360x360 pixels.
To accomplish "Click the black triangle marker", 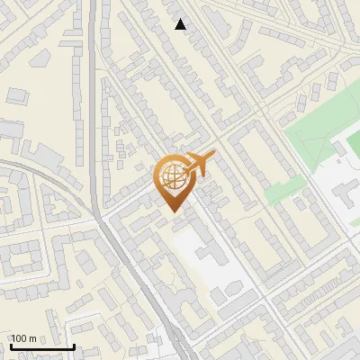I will click(x=181, y=24).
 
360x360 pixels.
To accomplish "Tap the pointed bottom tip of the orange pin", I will click(x=171, y=211).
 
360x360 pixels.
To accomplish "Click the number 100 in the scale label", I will click(x=20, y=338).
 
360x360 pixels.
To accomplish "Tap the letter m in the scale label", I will click(x=32, y=338).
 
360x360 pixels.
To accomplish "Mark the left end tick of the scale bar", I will click(x=11, y=346).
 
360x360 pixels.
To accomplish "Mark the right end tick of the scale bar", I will click(x=74, y=346).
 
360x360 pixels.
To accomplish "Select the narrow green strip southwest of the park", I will click(x=281, y=190).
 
